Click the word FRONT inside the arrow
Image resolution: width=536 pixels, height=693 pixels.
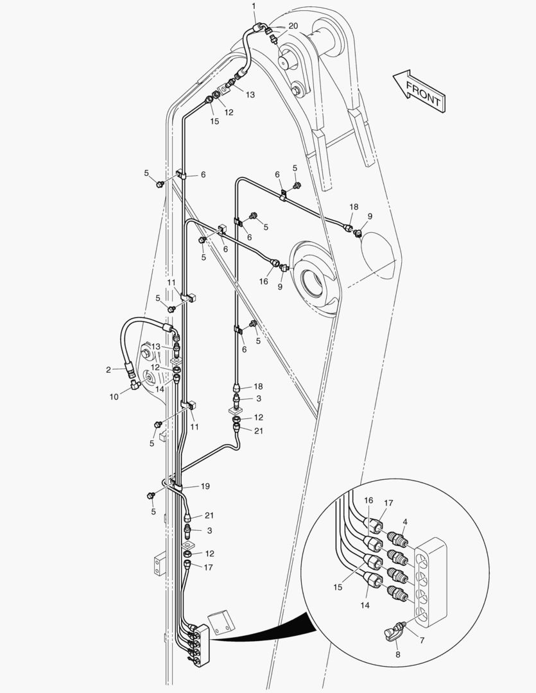click(x=423, y=93)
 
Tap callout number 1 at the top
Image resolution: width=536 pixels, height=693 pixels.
click(x=254, y=6)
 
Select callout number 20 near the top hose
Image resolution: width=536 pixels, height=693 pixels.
click(x=293, y=26)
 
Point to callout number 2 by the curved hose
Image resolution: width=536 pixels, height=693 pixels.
click(x=108, y=369)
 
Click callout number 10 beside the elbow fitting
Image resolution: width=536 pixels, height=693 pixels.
click(x=114, y=397)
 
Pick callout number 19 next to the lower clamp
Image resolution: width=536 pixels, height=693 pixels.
click(x=205, y=486)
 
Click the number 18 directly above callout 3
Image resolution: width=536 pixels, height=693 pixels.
click(x=257, y=387)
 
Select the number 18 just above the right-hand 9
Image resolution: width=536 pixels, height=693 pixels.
click(x=354, y=207)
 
